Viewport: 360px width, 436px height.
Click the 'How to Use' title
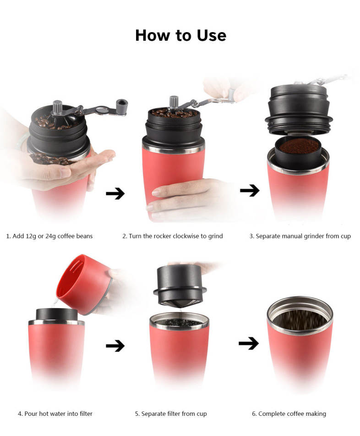coord(180,35)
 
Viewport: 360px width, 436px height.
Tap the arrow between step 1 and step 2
coord(115,193)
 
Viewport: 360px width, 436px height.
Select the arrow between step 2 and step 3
coord(250,190)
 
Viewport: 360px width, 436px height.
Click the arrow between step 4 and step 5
coord(115,346)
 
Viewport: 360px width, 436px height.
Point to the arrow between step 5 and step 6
coord(249,343)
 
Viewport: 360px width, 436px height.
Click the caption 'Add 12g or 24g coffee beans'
coord(49,236)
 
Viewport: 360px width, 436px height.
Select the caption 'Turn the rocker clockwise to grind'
coord(173,236)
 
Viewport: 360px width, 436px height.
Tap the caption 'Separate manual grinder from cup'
coord(300,236)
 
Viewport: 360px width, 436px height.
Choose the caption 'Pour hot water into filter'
coord(55,414)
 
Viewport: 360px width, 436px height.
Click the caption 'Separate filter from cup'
coord(171,414)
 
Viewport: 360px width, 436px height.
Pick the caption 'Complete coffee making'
coord(289,414)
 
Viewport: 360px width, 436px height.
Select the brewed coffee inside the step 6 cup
coord(300,319)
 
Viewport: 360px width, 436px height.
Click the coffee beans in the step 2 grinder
coord(174,113)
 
